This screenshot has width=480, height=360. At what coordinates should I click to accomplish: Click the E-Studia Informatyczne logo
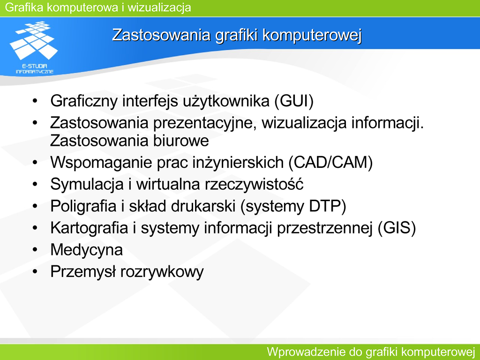34,47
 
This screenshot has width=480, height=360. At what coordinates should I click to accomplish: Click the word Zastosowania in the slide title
161,35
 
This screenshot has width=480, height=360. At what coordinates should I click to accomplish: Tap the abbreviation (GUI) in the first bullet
294,101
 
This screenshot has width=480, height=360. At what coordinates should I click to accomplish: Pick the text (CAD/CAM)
330,162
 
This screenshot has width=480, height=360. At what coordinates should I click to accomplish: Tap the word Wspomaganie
101,162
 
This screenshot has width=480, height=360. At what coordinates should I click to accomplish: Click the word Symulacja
87,184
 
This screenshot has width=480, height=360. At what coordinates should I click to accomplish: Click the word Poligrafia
83,206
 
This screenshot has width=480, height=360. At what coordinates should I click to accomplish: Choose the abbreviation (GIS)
397,228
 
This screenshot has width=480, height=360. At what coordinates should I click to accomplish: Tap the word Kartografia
89,228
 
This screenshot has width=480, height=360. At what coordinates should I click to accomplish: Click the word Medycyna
87,250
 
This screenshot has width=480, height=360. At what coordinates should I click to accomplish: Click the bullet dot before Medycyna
35,250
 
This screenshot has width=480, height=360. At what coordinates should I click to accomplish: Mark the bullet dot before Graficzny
35,101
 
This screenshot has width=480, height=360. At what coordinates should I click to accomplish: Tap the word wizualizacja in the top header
159,7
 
